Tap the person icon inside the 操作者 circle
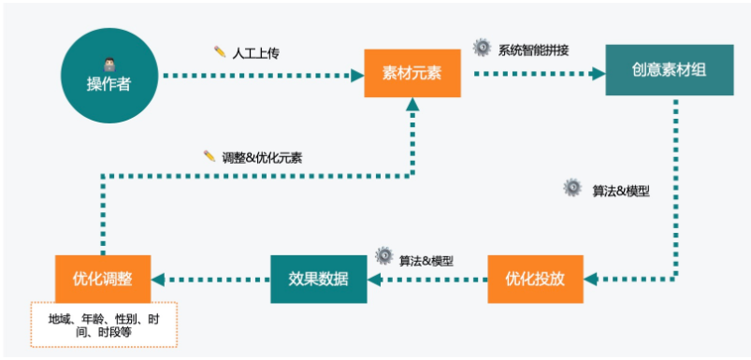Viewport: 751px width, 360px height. pyautogui.click(x=108, y=64)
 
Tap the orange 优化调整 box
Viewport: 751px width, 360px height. pyautogui.click(x=102, y=279)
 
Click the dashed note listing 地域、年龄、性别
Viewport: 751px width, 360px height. pyautogui.click(x=103, y=324)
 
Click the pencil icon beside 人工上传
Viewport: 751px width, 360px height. pyautogui.click(x=220, y=50)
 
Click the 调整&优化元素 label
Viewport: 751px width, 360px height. pyautogui.click(x=263, y=156)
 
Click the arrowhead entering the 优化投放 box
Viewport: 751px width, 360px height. pyautogui.click(x=589, y=279)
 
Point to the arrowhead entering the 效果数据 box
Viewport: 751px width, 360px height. pyautogui.click(x=373, y=279)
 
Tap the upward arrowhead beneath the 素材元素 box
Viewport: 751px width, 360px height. pyautogui.click(x=412, y=105)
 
